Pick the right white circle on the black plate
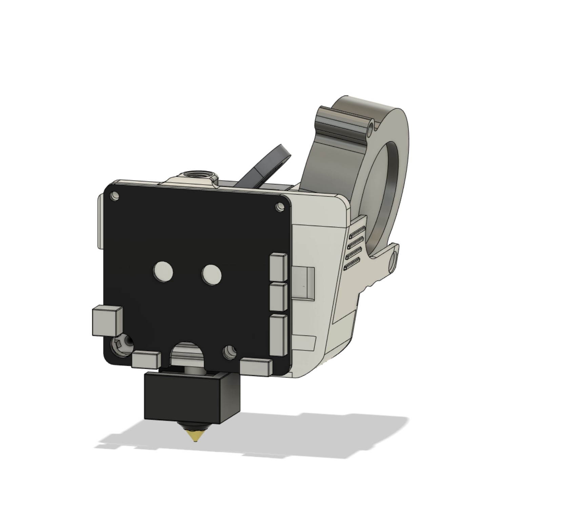211,274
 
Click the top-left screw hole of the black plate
115,196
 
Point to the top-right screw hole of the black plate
280,206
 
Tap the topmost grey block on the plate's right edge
279,267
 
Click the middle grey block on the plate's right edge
279,297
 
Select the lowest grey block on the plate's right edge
279,335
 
